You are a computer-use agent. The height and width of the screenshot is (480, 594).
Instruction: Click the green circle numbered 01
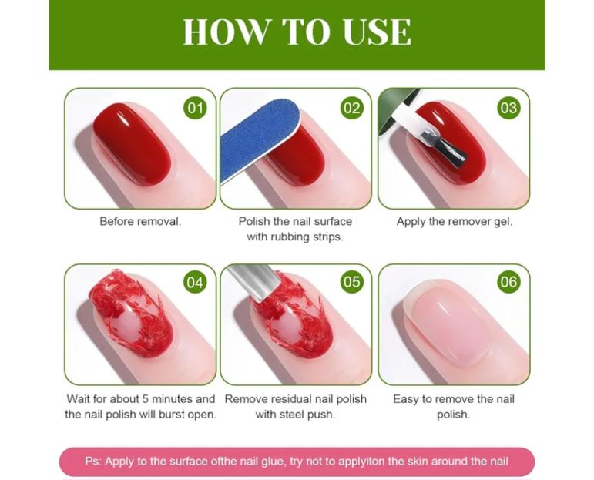(x=195, y=108)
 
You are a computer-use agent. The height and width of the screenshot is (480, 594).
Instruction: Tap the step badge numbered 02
(x=351, y=108)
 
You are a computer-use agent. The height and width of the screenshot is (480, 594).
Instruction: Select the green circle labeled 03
(x=508, y=108)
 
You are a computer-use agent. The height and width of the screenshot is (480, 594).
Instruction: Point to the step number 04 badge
(x=195, y=282)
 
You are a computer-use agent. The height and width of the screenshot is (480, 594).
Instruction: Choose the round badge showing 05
(x=351, y=282)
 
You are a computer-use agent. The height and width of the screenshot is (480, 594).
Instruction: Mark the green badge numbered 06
(x=508, y=282)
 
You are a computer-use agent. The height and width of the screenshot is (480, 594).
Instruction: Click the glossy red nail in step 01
(x=132, y=144)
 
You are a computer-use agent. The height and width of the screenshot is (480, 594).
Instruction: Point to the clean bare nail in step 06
(x=447, y=325)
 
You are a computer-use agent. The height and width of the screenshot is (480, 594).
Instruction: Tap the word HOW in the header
(x=227, y=32)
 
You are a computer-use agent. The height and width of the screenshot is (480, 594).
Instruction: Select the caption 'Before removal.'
(x=140, y=222)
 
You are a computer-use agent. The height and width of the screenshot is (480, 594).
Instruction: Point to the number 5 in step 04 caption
(x=146, y=399)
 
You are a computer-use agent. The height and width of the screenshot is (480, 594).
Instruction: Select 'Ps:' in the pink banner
(x=92, y=462)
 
